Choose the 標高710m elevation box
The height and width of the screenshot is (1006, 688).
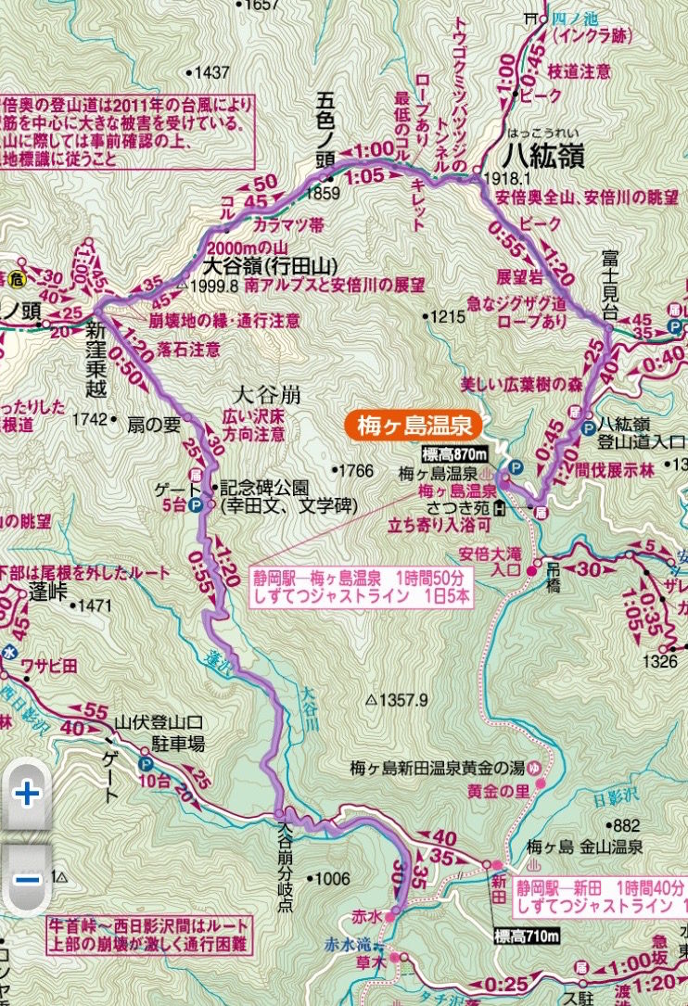528,937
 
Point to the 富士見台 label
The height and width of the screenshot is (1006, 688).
608,280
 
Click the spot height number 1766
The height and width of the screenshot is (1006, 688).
356,470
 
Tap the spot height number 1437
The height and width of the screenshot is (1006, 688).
210,72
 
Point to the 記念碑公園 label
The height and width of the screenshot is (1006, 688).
264,487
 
